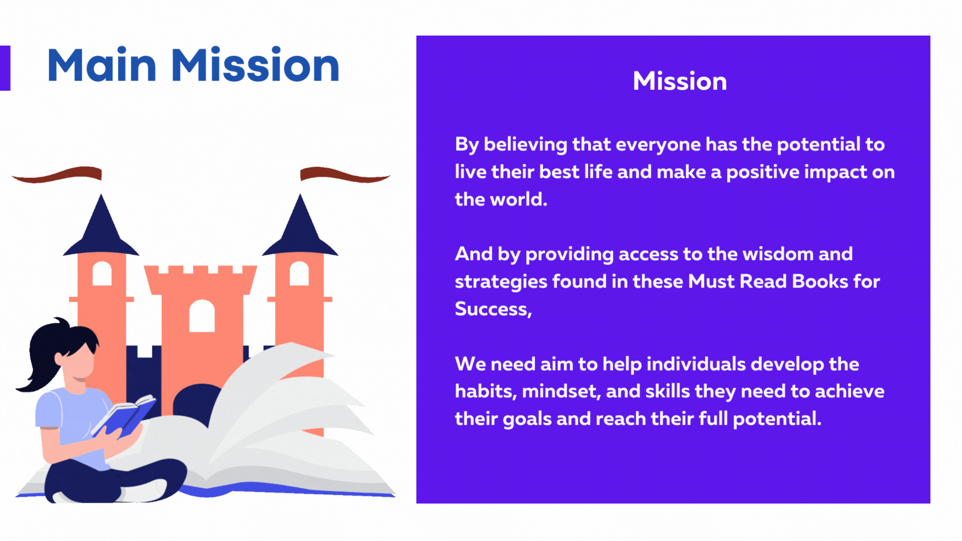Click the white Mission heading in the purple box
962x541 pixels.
(680, 81)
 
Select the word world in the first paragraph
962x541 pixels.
(519, 199)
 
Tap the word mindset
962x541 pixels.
(561, 391)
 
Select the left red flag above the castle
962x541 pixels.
(57, 174)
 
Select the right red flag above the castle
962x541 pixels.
(345, 174)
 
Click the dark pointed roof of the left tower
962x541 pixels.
(101, 228)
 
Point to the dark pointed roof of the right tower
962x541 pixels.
(300, 228)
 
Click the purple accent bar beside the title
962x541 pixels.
(5, 68)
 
